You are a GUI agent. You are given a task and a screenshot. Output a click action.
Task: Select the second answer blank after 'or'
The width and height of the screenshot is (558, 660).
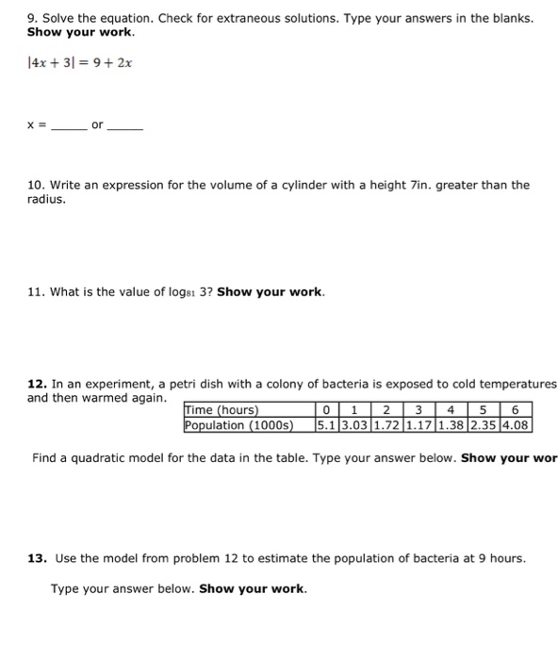coord(125,128)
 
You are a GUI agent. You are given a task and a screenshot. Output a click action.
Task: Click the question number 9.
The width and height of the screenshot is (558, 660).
coord(31,19)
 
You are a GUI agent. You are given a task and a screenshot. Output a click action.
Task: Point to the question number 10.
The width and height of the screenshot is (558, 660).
coord(34,186)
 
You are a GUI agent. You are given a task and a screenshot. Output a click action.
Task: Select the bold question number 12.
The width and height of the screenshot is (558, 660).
coord(36,385)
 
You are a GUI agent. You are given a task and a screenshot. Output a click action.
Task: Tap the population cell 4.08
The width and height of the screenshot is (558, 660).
coord(517,425)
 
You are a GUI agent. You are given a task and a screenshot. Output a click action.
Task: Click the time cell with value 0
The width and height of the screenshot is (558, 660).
coord(325,410)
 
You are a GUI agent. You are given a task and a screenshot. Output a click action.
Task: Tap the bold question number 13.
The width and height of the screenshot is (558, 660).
coord(36,558)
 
